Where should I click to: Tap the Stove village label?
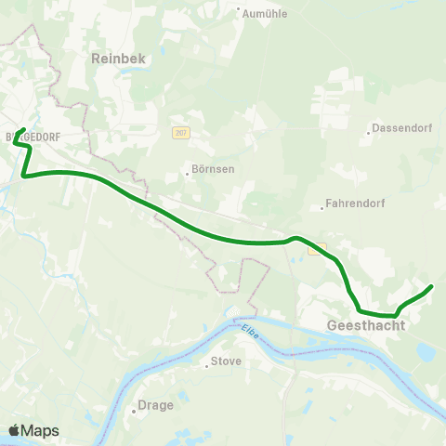[226, 361]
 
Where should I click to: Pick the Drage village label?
[154, 405]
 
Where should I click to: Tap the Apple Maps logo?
[33, 430]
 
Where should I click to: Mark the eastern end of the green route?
[432, 287]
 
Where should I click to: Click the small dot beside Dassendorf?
[370, 132]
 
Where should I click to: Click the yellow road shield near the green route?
[319, 249]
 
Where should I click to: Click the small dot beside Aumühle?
[238, 14]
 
